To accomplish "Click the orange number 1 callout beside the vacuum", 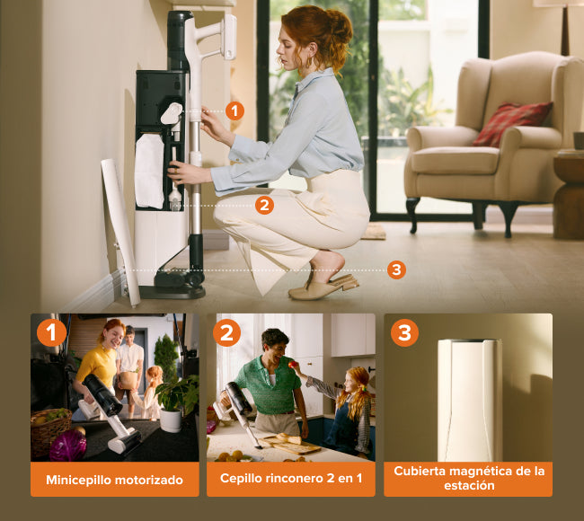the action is pos(234,111).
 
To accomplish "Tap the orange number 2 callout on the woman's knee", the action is pos(264,205).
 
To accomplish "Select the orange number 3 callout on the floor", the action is pos(396,269).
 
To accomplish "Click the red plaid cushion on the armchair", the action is pos(512,124).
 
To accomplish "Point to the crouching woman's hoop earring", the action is pos(308,62).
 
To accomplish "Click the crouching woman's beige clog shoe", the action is pos(323,287).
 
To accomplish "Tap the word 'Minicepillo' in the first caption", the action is pos(69,480).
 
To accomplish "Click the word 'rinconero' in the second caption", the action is pos(291,478).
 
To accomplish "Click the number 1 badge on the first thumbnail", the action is pos(51,332).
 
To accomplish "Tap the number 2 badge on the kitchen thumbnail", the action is pos(226,332).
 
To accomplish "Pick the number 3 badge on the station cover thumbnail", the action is pos(404,332).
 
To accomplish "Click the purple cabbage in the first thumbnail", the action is pos(67,446).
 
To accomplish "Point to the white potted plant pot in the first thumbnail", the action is pos(170,420).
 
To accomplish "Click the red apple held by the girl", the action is pos(293,364).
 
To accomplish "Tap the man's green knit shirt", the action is pos(269,385).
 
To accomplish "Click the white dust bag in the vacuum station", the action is pos(149,171).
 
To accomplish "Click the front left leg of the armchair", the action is pos(411,215).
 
